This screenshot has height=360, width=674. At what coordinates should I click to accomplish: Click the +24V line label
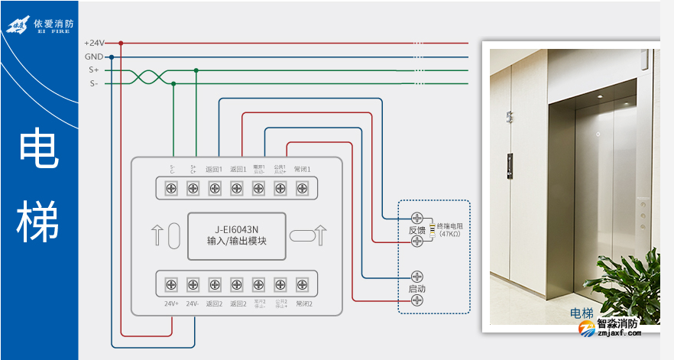(94, 44)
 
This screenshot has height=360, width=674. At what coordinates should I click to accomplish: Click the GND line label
(94, 57)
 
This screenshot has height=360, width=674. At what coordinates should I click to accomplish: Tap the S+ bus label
(94, 70)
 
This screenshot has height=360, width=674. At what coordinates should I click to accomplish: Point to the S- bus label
(94, 83)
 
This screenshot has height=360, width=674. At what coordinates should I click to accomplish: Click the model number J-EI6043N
(237, 229)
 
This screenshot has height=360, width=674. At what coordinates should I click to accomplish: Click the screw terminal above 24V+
(172, 284)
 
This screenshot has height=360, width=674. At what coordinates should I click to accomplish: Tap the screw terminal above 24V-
(193, 284)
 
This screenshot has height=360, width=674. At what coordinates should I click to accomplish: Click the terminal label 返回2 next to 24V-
(215, 303)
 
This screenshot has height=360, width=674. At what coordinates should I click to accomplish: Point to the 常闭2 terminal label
(303, 303)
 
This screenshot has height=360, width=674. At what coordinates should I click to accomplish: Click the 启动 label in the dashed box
(416, 289)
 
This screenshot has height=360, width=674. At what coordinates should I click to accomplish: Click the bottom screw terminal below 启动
(417, 300)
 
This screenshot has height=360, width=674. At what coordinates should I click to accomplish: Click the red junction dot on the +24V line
(121, 44)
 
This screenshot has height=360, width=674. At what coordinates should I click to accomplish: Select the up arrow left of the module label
(158, 235)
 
